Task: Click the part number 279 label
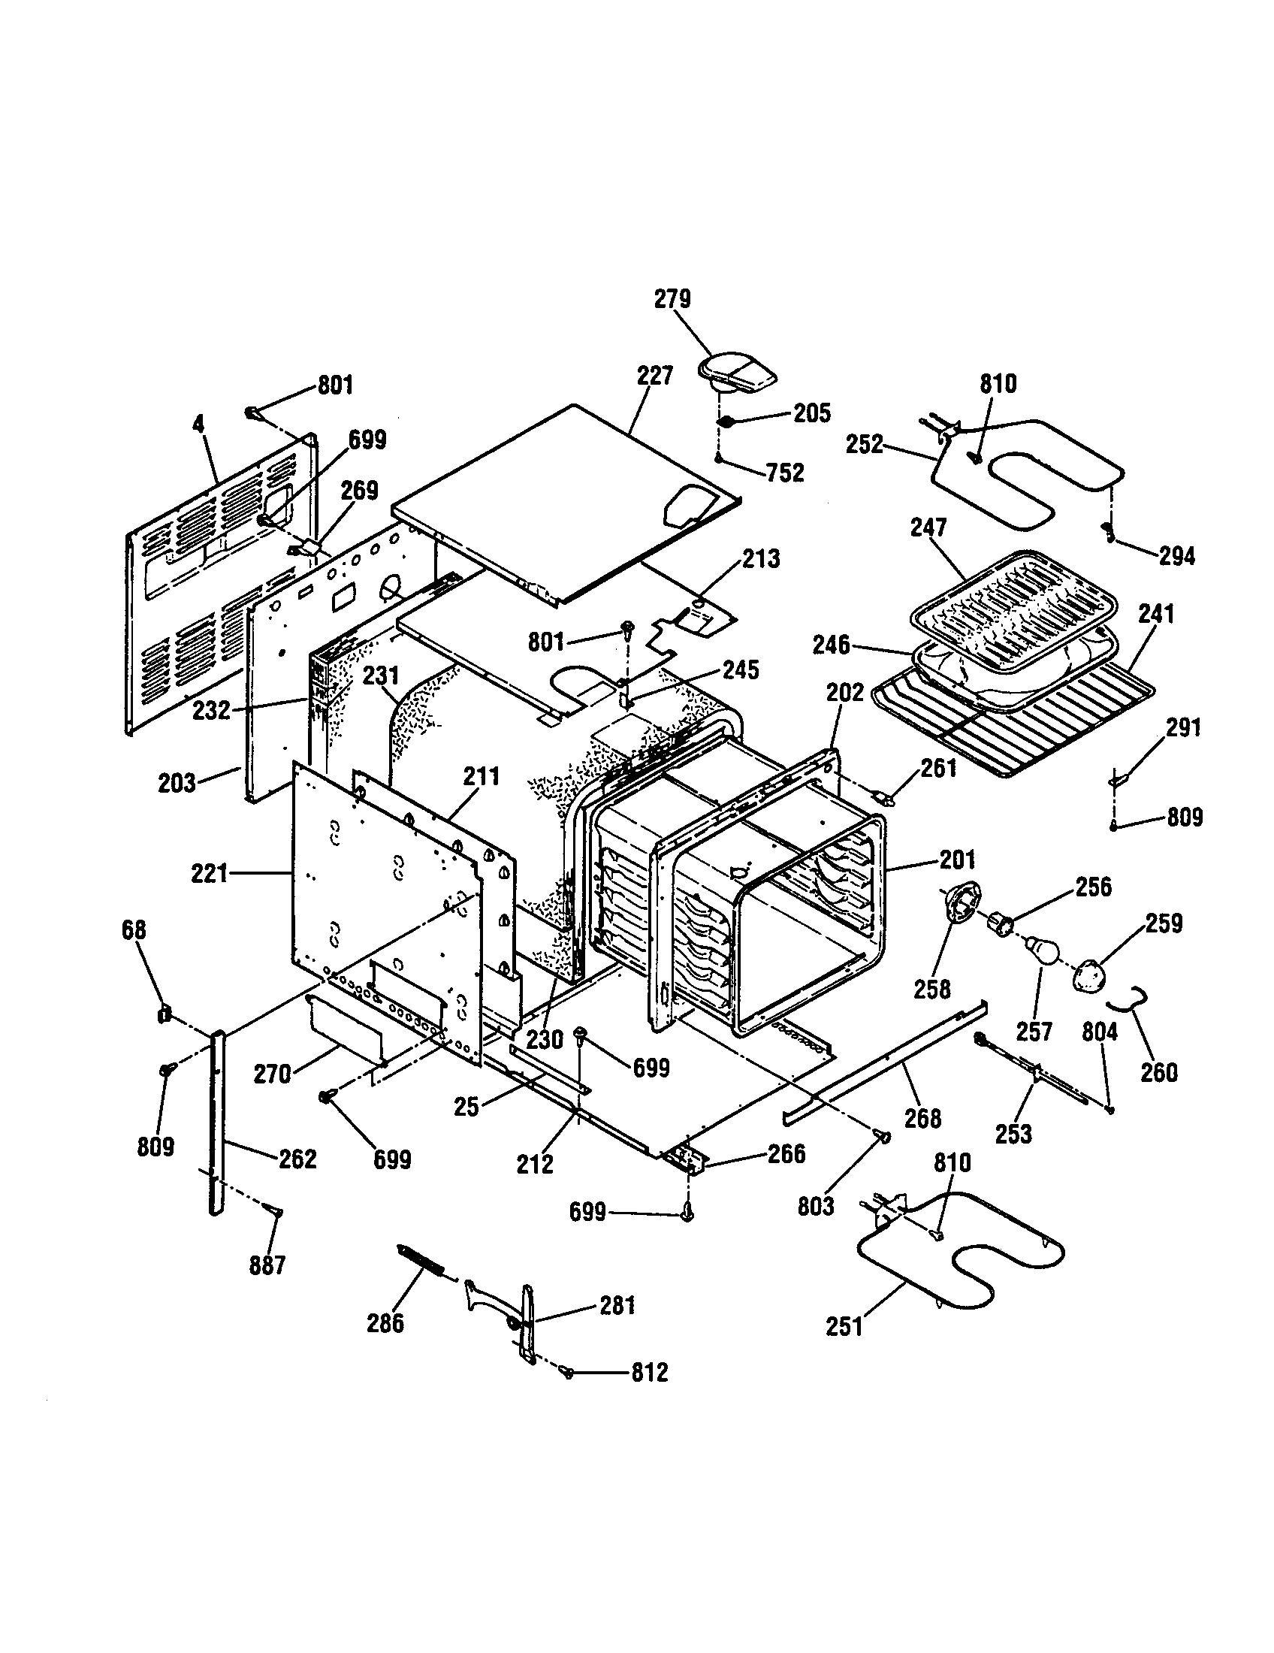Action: point(672,299)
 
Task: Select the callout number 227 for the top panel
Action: point(654,376)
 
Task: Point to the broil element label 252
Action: point(865,444)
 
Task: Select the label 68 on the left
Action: point(134,930)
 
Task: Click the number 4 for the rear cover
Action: point(198,424)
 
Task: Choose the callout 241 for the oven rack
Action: point(1155,614)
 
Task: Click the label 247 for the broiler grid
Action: point(928,527)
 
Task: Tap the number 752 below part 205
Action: point(784,473)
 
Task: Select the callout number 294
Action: point(1177,556)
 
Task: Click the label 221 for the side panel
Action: point(210,874)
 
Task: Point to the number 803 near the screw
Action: point(816,1206)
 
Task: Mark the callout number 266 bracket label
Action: point(786,1153)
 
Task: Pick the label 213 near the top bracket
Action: point(760,558)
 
